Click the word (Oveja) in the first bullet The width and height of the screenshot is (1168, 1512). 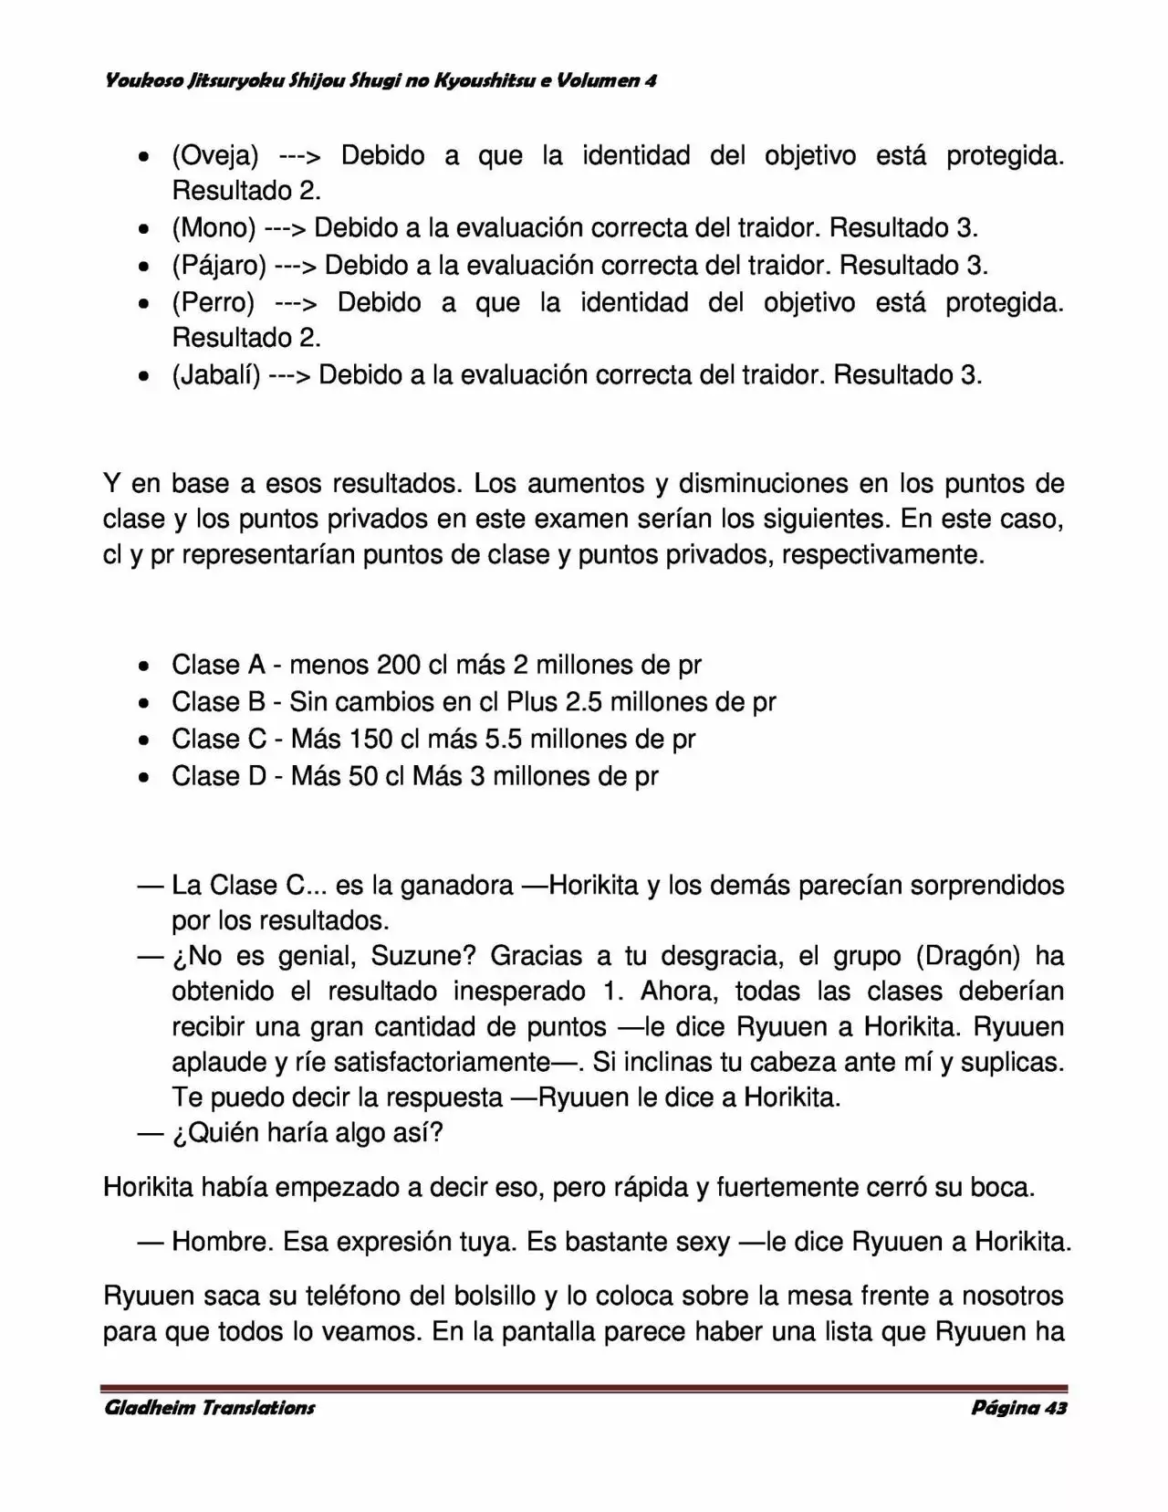[x=214, y=156]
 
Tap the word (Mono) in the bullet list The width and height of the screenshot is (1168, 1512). [x=214, y=227]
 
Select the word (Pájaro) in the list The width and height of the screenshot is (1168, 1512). [x=219, y=265]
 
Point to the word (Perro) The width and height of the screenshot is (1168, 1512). [x=213, y=302]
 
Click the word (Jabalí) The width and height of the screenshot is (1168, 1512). [x=216, y=374]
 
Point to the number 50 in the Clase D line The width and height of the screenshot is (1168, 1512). [x=363, y=776]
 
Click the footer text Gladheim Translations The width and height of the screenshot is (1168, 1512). [x=210, y=1407]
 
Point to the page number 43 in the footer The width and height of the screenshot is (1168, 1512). [x=1055, y=1407]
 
